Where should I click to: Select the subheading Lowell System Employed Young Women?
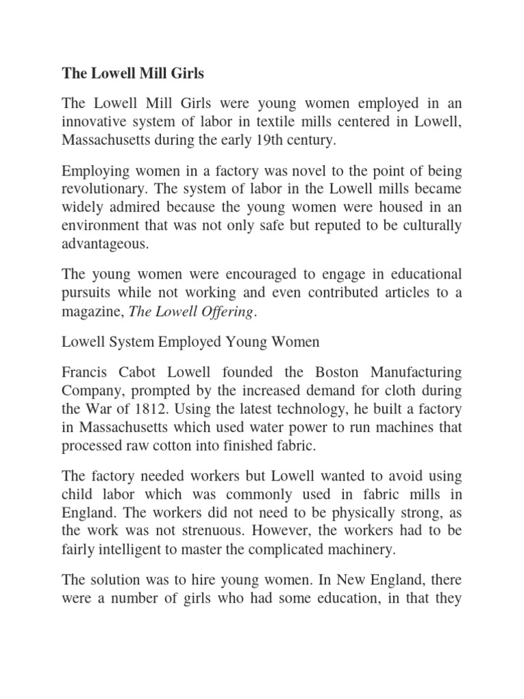pyautogui.click(x=190, y=341)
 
